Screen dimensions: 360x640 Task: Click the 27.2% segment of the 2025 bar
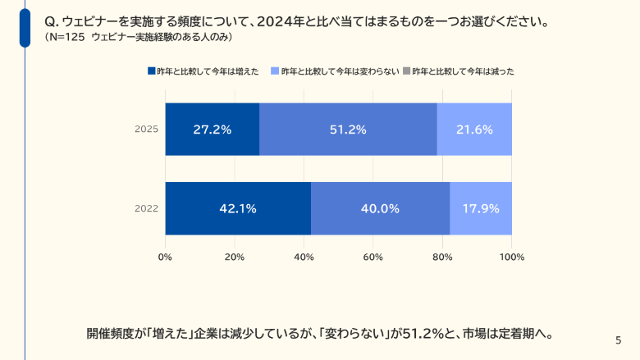click(212, 130)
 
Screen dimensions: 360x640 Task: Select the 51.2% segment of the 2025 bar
click(348, 130)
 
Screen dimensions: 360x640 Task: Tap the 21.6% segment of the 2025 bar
click(474, 130)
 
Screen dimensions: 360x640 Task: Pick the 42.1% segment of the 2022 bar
click(238, 208)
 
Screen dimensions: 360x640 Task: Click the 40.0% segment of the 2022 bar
click(380, 208)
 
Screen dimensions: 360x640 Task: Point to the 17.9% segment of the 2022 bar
click(481, 208)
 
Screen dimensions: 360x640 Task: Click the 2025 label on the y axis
click(146, 130)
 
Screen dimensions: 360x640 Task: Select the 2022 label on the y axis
click(146, 208)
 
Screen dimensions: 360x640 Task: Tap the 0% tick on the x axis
click(165, 257)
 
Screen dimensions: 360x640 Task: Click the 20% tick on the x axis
click(235, 257)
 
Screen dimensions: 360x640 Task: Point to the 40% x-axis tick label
click(304, 257)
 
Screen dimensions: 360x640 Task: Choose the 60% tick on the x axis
click(373, 257)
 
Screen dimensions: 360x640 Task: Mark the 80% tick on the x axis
click(442, 257)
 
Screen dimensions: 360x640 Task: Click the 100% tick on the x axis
click(511, 257)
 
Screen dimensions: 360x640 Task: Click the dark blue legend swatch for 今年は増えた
click(151, 72)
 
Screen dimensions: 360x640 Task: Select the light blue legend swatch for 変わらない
click(274, 72)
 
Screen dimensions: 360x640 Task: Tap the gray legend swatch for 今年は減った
click(406, 72)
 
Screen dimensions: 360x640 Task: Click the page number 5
click(618, 339)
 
